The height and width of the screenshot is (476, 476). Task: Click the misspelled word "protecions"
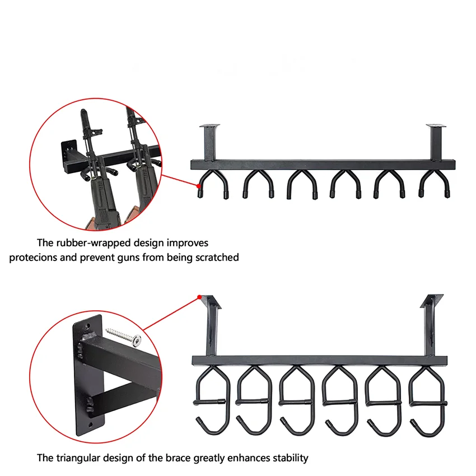point(32,258)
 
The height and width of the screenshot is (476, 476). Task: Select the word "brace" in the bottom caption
point(176,458)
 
